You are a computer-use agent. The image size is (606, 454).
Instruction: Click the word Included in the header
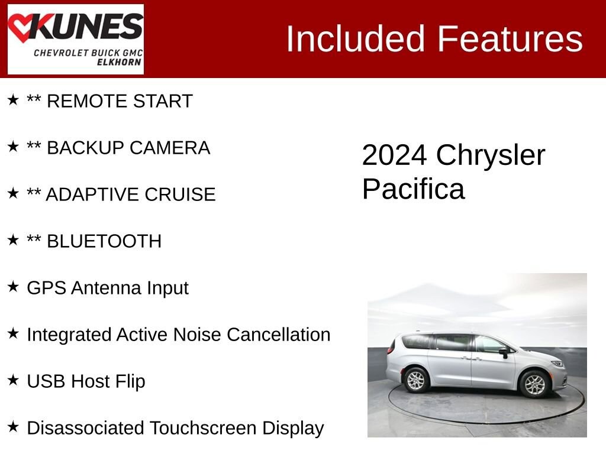[355, 39]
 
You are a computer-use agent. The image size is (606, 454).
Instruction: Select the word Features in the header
[510, 39]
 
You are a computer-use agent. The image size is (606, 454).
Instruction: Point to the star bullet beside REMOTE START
[13, 100]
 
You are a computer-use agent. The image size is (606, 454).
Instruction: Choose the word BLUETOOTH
[104, 241]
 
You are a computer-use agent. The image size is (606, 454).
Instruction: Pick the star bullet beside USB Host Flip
[13, 380]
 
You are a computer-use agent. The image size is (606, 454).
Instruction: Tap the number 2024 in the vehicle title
[394, 155]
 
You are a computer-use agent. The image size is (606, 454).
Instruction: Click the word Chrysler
[491, 155]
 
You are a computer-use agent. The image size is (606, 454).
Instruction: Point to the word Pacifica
[413, 189]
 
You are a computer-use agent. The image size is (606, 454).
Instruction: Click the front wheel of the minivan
[535, 384]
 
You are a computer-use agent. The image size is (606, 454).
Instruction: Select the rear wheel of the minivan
[416, 380]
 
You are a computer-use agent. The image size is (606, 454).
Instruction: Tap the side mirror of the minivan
[503, 352]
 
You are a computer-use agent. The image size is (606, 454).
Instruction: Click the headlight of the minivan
[557, 364]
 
